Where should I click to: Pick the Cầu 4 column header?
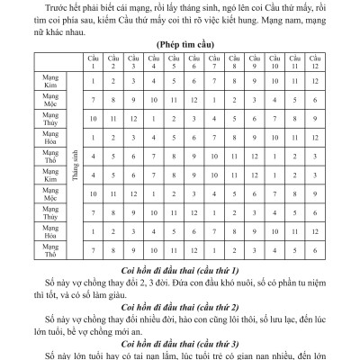coord(154,62)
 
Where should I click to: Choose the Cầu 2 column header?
coord(113,62)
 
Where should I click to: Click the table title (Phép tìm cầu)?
coord(180,42)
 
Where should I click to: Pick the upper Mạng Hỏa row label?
coord(50,139)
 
